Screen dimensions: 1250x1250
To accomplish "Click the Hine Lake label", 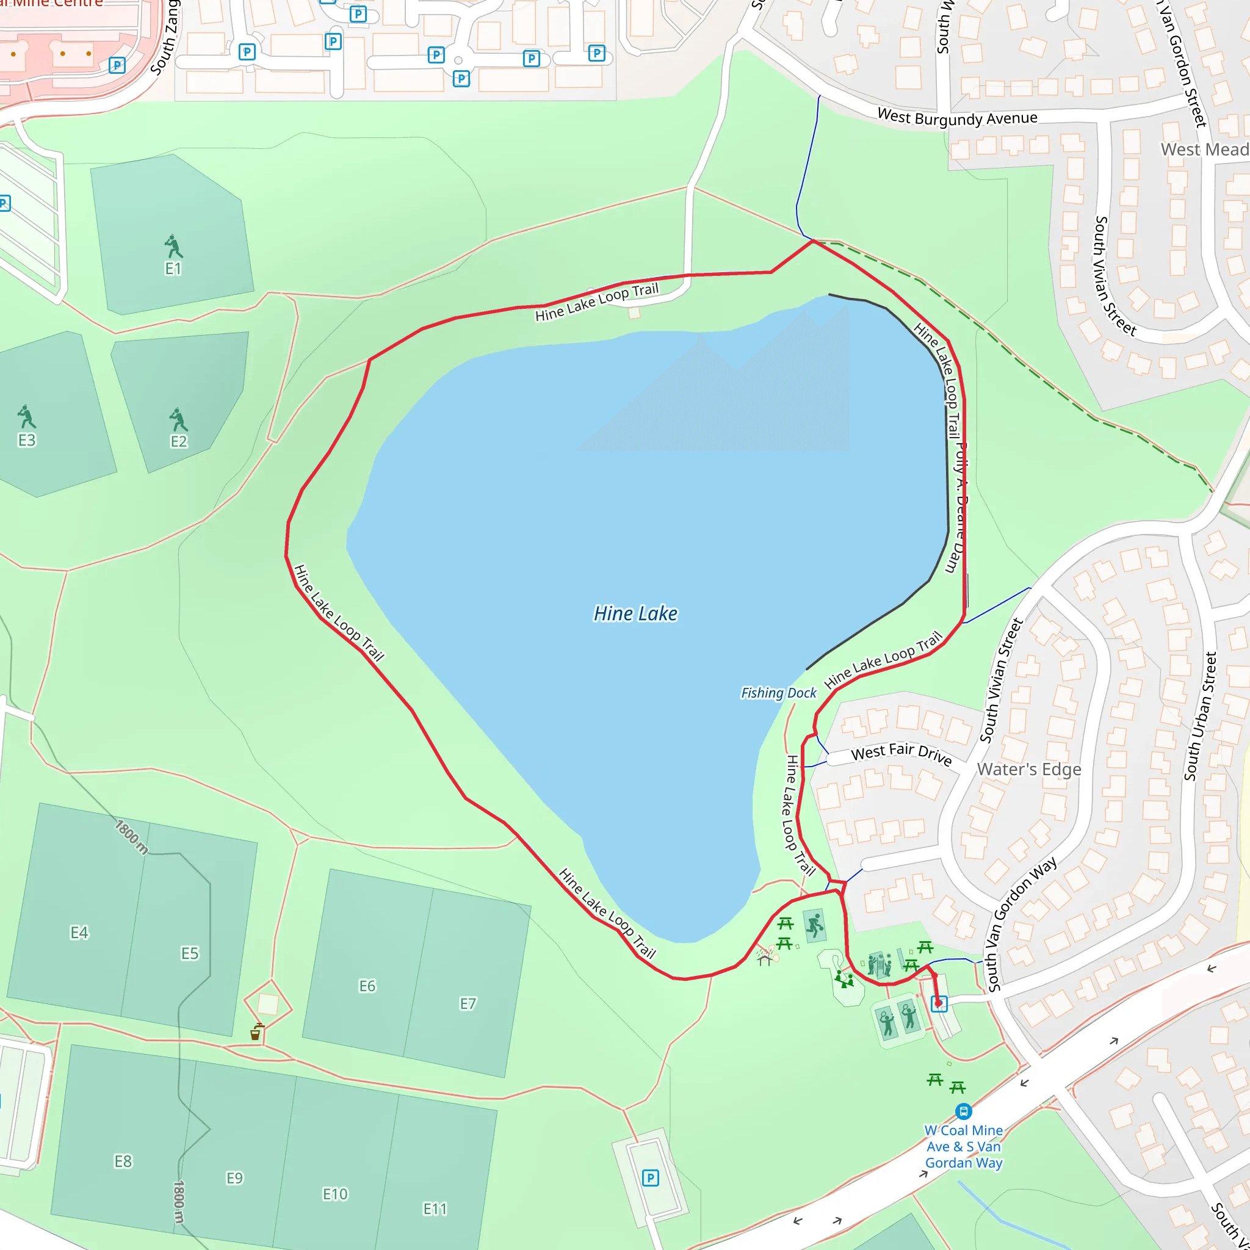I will pyautogui.click(x=635, y=613).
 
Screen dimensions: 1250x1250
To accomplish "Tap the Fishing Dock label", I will pyautogui.click(x=778, y=693).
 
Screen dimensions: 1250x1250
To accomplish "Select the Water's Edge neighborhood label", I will pyautogui.click(x=1028, y=769).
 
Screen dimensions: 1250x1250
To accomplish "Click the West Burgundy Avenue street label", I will pyautogui.click(x=957, y=118).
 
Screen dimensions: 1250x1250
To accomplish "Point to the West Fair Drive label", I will pyautogui.click(x=901, y=754).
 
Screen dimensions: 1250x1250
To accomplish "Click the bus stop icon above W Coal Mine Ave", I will pyautogui.click(x=963, y=1111).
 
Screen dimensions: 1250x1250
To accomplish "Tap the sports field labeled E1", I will pyautogui.click(x=173, y=269).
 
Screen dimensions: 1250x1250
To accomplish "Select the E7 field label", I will pyautogui.click(x=468, y=1003).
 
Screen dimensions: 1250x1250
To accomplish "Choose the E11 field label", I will pyautogui.click(x=435, y=1208).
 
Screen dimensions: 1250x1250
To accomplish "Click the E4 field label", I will pyautogui.click(x=79, y=933).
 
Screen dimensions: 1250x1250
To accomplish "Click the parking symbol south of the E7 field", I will pyautogui.click(x=650, y=1177).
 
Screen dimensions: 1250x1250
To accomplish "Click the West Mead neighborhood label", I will pyautogui.click(x=1204, y=150).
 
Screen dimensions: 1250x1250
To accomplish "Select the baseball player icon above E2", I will pyautogui.click(x=178, y=420).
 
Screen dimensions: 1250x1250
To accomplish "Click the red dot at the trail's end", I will pyautogui.click(x=938, y=1003).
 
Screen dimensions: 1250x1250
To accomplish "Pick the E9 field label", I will pyautogui.click(x=234, y=1177).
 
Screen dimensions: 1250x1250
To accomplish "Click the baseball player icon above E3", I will pyautogui.click(x=26, y=417).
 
